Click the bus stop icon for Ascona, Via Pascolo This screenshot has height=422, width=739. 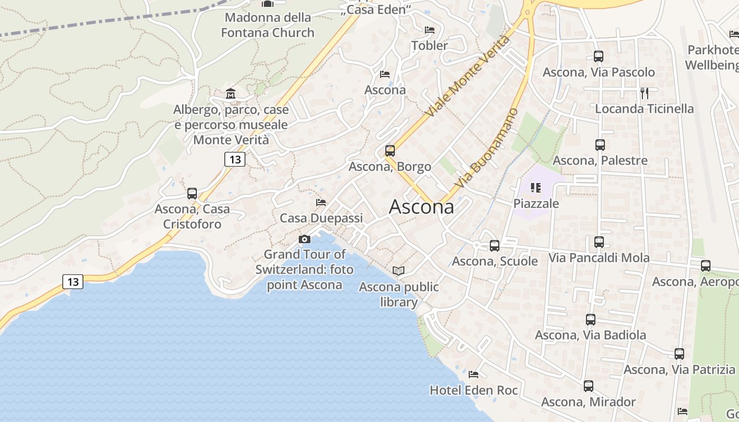pos(598,56)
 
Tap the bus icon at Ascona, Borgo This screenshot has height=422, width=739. pos(390,151)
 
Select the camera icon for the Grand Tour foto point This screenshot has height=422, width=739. pos(305,239)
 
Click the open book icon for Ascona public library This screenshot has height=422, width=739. pos(399,271)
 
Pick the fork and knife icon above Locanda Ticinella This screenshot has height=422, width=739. pos(644,93)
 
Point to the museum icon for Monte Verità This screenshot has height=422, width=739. pos(231,94)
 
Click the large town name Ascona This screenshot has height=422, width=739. pos(421,207)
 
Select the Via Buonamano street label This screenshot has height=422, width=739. pos(487,148)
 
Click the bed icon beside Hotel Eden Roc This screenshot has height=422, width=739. pos(473,375)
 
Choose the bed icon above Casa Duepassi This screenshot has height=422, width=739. pos(321,202)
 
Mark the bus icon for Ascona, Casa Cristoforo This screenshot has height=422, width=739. pos(192,194)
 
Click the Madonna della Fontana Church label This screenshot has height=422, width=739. pos(268,25)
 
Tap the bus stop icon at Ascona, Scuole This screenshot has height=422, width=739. pos(495,246)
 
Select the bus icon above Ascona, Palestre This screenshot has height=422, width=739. pos(600,145)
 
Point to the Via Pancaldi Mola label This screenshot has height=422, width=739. pos(599,258)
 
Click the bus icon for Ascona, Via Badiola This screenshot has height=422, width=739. pos(591,320)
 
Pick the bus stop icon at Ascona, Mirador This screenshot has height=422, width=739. pos(589,386)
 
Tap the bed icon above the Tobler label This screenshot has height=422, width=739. pos(430,30)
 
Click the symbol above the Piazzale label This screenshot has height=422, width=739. pos(536,188)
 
